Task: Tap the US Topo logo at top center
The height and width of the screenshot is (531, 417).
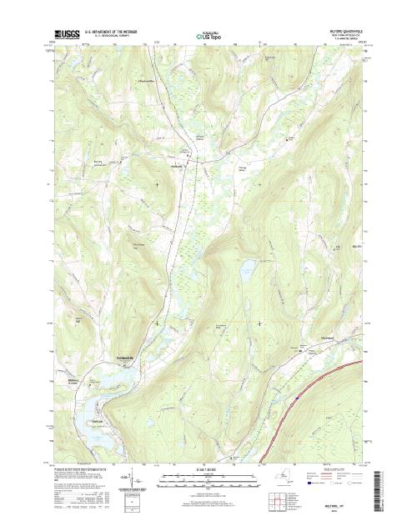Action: pos(208,37)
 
